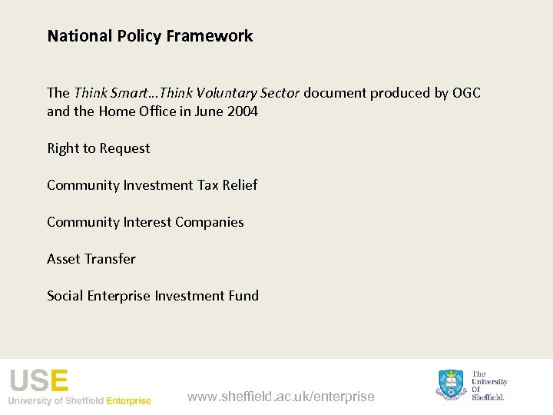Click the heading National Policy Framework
pos(150,36)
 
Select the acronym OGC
pos(466,93)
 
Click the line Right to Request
pos(98,148)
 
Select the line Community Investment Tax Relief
pos(152,185)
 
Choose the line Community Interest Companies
pos(145,222)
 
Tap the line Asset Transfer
pos(91,259)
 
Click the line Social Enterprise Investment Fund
pos(153,296)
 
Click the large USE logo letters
pos(38,381)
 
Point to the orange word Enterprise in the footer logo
pos(128,400)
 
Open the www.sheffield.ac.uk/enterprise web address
pos(280,397)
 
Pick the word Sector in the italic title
pos(280,93)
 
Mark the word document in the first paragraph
pos(336,93)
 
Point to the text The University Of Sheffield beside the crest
pos(489,385)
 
